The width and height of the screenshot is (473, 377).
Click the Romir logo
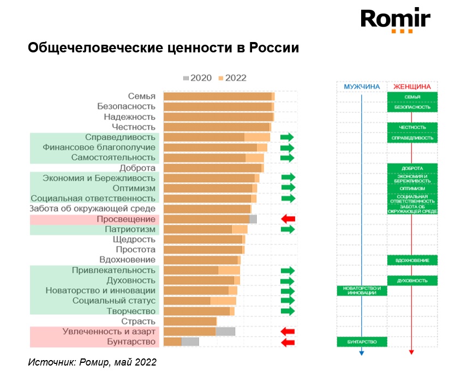click(x=395, y=20)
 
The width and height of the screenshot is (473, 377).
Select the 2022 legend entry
click(x=232, y=77)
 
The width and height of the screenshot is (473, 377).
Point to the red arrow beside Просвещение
click(x=288, y=219)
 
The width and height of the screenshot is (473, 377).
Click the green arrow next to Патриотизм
click(x=288, y=229)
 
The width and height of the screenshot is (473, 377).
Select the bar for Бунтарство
click(x=181, y=342)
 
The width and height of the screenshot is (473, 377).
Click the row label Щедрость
click(x=134, y=240)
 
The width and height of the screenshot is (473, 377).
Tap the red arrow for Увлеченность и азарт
click(x=288, y=331)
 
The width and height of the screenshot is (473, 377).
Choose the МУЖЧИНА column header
click(x=361, y=87)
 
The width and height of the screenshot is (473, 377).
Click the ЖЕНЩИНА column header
click(x=412, y=87)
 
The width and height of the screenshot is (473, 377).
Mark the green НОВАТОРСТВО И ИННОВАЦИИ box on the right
click(x=362, y=291)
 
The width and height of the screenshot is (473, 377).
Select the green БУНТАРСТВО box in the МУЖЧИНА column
click(x=362, y=342)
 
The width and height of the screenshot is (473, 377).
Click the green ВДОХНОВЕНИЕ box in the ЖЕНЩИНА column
click(x=412, y=260)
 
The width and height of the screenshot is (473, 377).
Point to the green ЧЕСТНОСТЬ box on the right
click(x=412, y=128)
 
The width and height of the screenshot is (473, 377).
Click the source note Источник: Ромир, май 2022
click(x=92, y=362)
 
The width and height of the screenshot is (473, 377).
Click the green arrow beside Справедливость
click(x=287, y=137)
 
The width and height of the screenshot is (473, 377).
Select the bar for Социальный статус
click(x=200, y=301)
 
